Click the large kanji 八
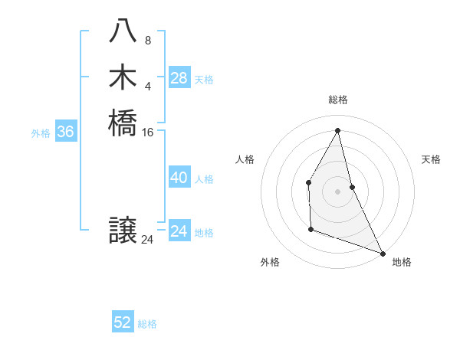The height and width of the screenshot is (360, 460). click(x=123, y=32)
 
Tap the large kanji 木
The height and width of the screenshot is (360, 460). click(x=123, y=77)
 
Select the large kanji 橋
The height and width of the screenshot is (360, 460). click(x=123, y=123)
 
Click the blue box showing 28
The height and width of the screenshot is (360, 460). click(x=179, y=77)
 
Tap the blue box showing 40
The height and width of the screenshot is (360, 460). click(x=179, y=178)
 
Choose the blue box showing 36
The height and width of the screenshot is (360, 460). click(x=65, y=132)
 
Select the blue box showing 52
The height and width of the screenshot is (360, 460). click(x=123, y=322)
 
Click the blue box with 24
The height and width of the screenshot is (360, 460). click(x=179, y=231)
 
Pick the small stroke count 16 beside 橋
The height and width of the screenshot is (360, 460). click(x=148, y=133)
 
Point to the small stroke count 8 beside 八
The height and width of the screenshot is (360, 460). click(x=147, y=40)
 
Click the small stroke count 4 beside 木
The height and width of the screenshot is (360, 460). click(x=147, y=85)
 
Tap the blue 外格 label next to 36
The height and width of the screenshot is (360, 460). click(x=41, y=133)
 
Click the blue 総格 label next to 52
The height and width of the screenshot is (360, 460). click(x=147, y=324)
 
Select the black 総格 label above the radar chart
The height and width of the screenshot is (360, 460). click(x=338, y=100)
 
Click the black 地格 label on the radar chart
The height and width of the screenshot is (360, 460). click(x=402, y=263)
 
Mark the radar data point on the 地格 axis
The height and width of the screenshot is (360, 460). click(x=382, y=253)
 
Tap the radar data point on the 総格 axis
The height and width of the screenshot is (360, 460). click(x=338, y=130)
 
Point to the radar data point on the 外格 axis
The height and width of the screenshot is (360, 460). click(x=310, y=229)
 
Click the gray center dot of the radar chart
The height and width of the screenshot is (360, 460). click(x=338, y=191)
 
